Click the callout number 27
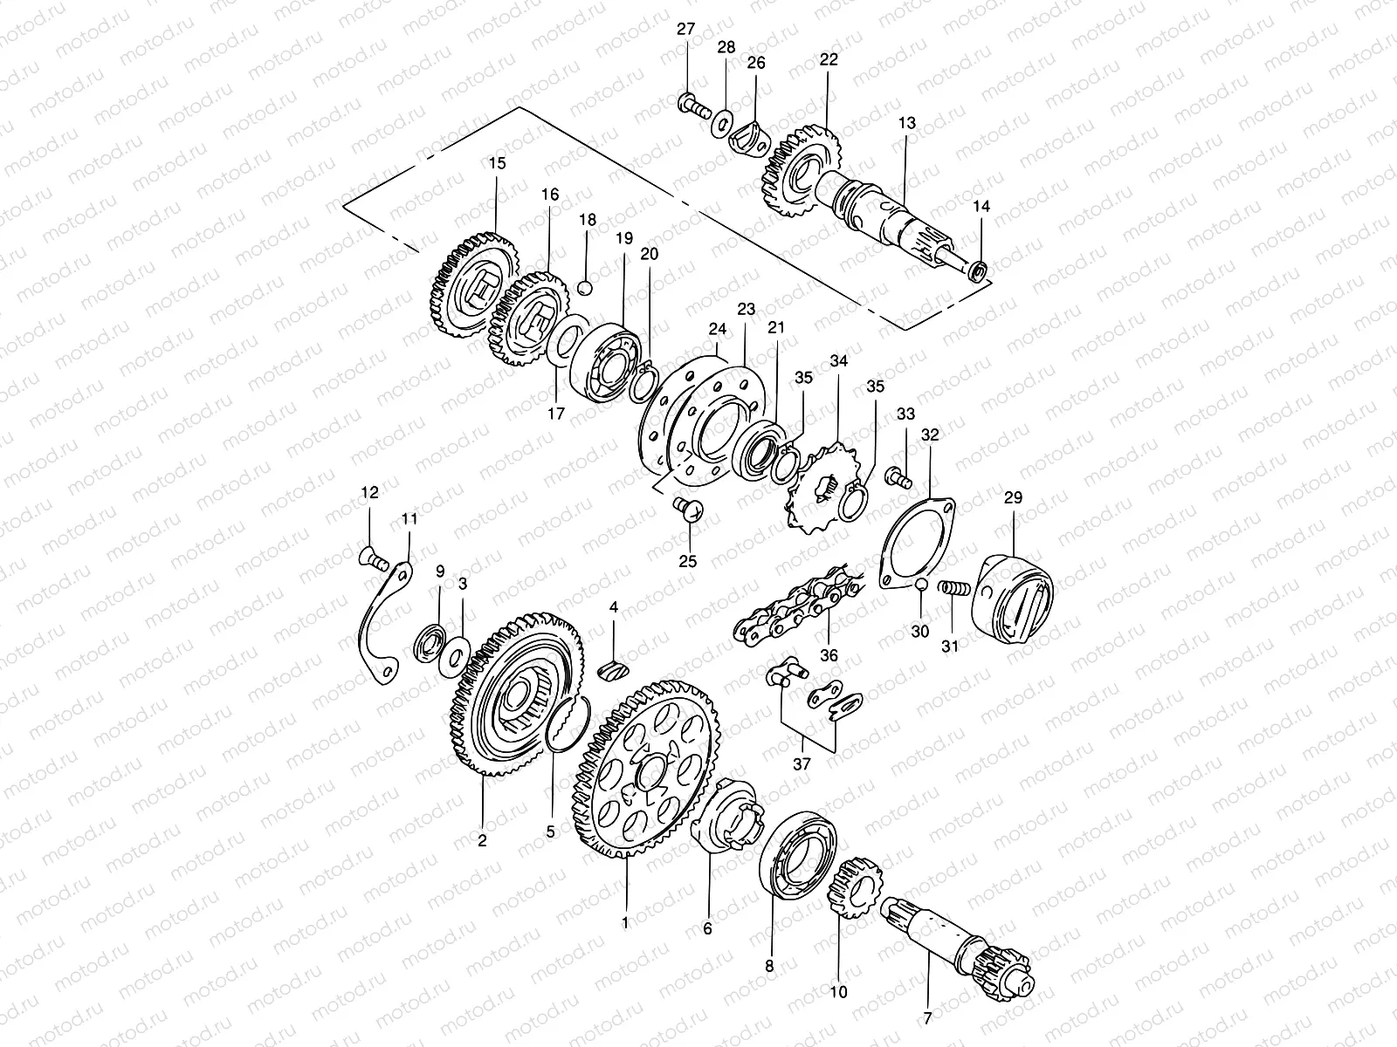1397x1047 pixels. [x=685, y=30]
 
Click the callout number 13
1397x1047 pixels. [x=907, y=124]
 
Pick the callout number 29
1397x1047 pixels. [x=1013, y=498]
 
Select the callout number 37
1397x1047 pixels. [x=802, y=764]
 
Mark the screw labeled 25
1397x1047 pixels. [x=689, y=507]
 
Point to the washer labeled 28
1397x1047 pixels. [x=723, y=122]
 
